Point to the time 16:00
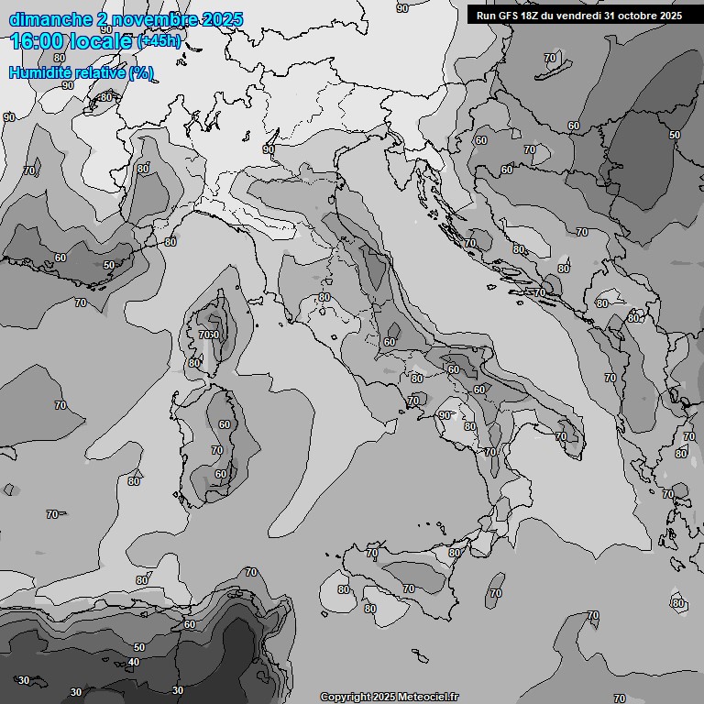click(x=42, y=40)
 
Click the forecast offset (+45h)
click(x=159, y=41)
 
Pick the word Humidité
click(x=40, y=72)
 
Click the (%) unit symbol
click(x=141, y=72)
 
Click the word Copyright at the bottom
click(x=346, y=697)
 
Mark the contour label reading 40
click(x=134, y=662)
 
